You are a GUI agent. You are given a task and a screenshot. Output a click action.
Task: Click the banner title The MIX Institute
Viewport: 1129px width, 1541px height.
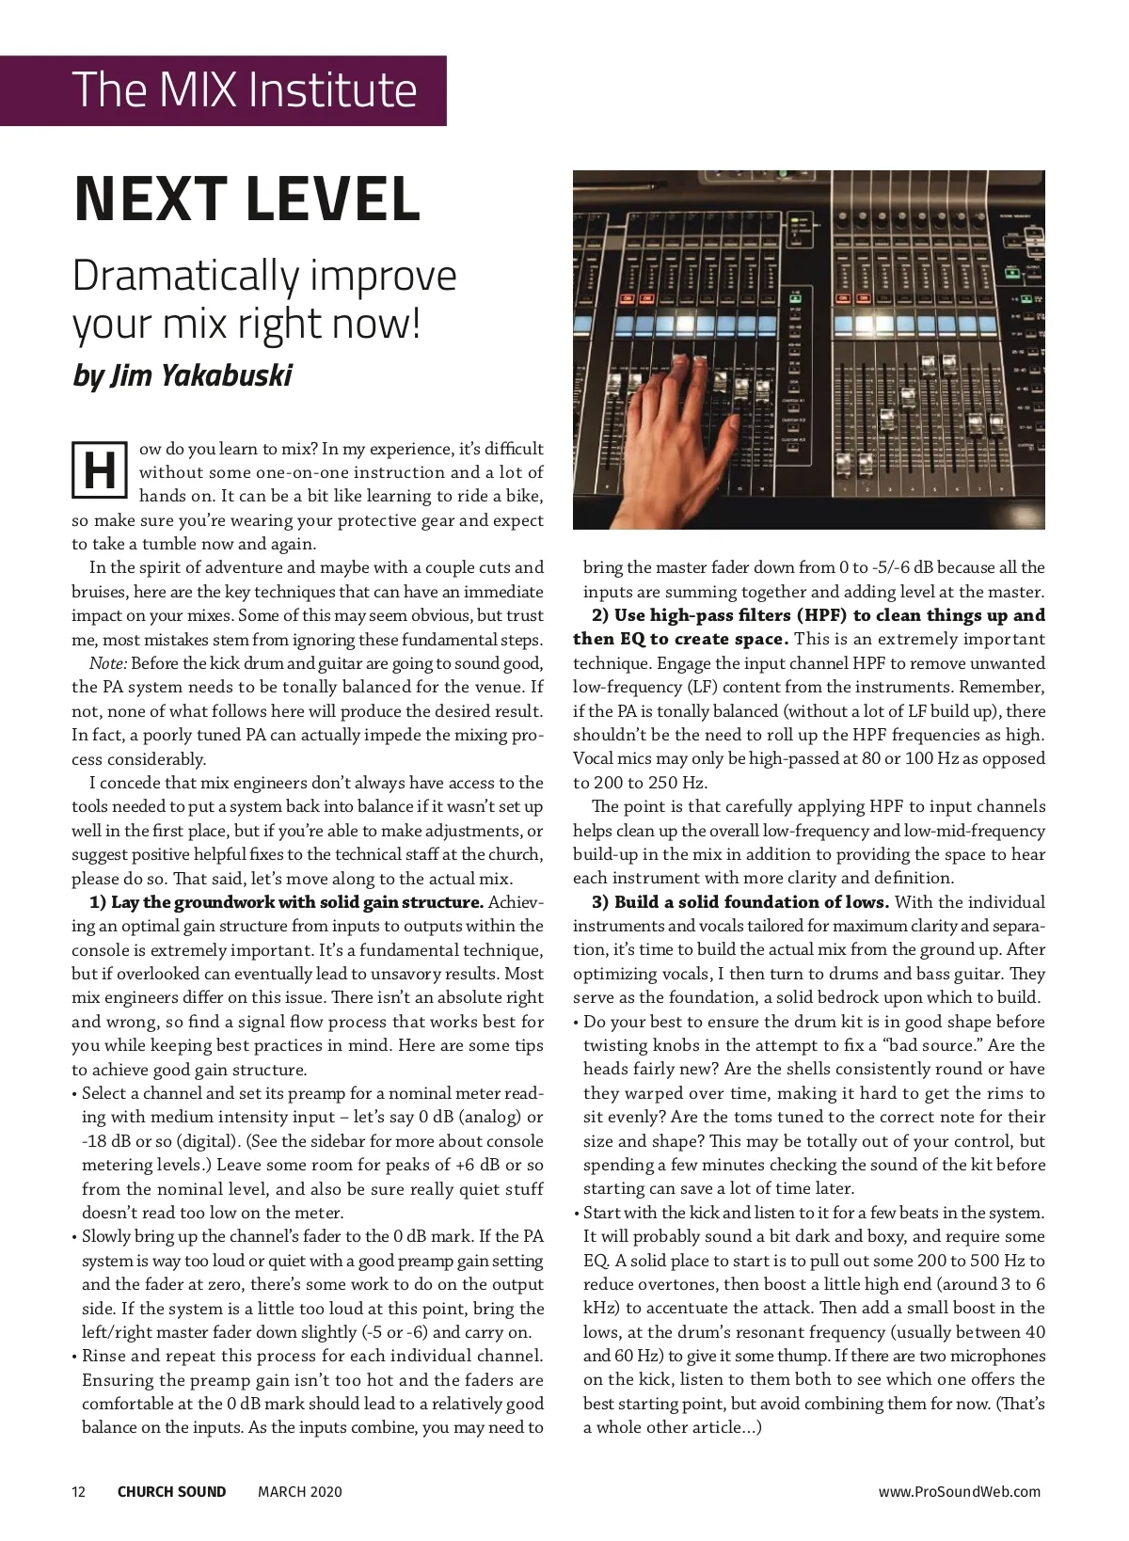pos(244,90)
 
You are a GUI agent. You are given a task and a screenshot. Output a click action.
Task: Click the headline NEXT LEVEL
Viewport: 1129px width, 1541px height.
pos(246,199)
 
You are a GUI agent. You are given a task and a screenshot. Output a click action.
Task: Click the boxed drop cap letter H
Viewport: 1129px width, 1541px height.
pos(100,470)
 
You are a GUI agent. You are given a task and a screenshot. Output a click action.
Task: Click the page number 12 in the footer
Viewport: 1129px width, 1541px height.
pos(78,1491)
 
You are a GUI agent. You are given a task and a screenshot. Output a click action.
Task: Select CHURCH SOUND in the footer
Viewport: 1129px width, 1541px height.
pos(171,1491)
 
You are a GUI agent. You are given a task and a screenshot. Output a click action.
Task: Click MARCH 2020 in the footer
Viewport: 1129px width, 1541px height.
pos(300,1491)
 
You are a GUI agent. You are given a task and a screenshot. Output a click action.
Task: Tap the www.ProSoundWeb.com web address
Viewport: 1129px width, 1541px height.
pos(960,1491)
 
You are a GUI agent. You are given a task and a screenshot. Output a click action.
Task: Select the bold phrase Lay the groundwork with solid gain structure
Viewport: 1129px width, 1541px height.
pos(297,902)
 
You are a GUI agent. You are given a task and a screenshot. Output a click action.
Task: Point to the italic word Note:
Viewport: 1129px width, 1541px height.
pos(107,663)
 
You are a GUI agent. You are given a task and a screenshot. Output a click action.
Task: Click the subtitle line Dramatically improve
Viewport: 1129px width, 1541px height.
pos(264,276)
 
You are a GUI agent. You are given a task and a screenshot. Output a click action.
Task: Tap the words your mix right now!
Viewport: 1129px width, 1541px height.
pos(246,324)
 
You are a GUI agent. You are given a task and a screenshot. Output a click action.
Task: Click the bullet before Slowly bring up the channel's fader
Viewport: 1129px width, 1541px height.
pos(74,1236)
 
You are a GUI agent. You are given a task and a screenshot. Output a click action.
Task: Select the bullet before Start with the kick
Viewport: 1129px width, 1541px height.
pos(576,1213)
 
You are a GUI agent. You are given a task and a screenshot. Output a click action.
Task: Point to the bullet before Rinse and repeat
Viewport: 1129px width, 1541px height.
pos(74,1356)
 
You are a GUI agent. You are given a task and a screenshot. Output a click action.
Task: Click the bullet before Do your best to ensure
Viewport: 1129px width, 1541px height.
pos(576,1022)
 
